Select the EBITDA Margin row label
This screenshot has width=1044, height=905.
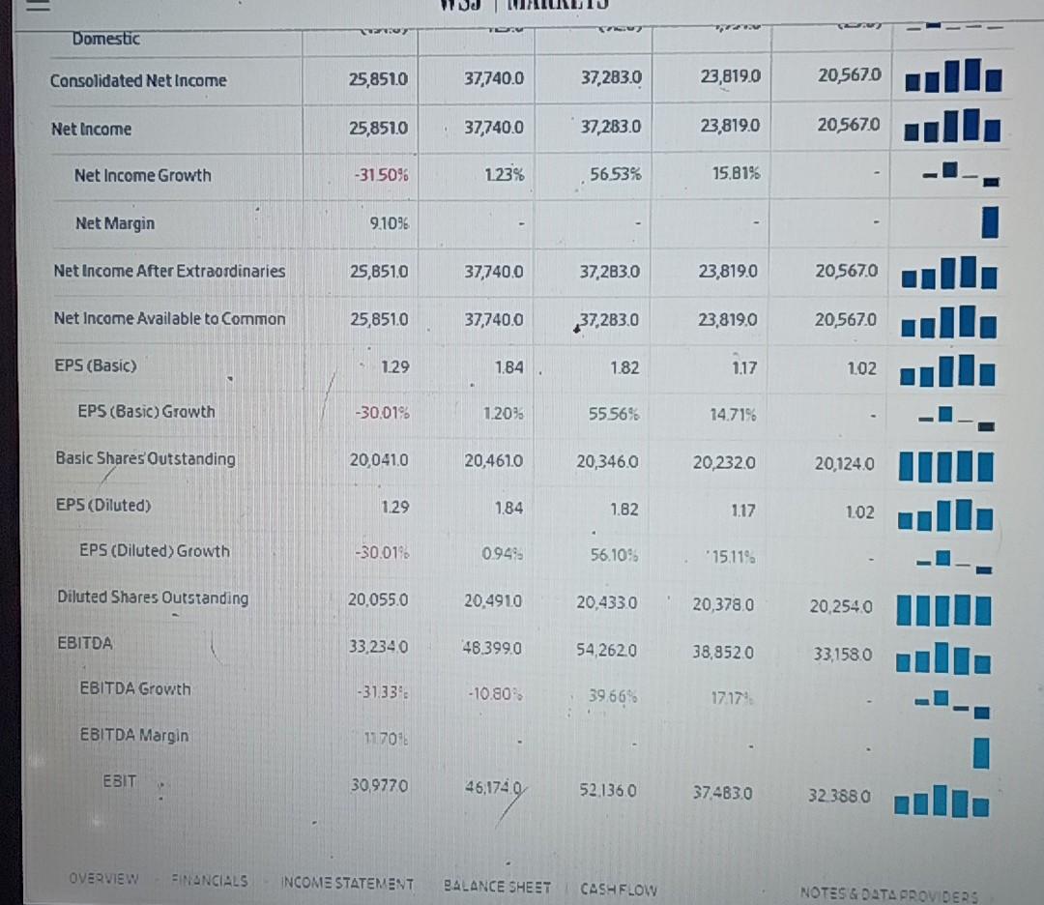133,736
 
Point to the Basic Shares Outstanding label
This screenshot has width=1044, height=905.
145,458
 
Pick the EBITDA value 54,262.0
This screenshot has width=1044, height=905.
607,652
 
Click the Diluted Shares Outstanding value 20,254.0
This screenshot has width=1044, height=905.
842,606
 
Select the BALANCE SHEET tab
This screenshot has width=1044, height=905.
497,886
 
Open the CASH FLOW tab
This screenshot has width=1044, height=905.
618,888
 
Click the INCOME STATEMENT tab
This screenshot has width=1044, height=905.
347,884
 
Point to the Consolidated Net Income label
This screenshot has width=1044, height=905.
138,81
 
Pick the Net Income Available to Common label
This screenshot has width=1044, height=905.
169,319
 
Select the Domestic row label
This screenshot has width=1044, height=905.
105,39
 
